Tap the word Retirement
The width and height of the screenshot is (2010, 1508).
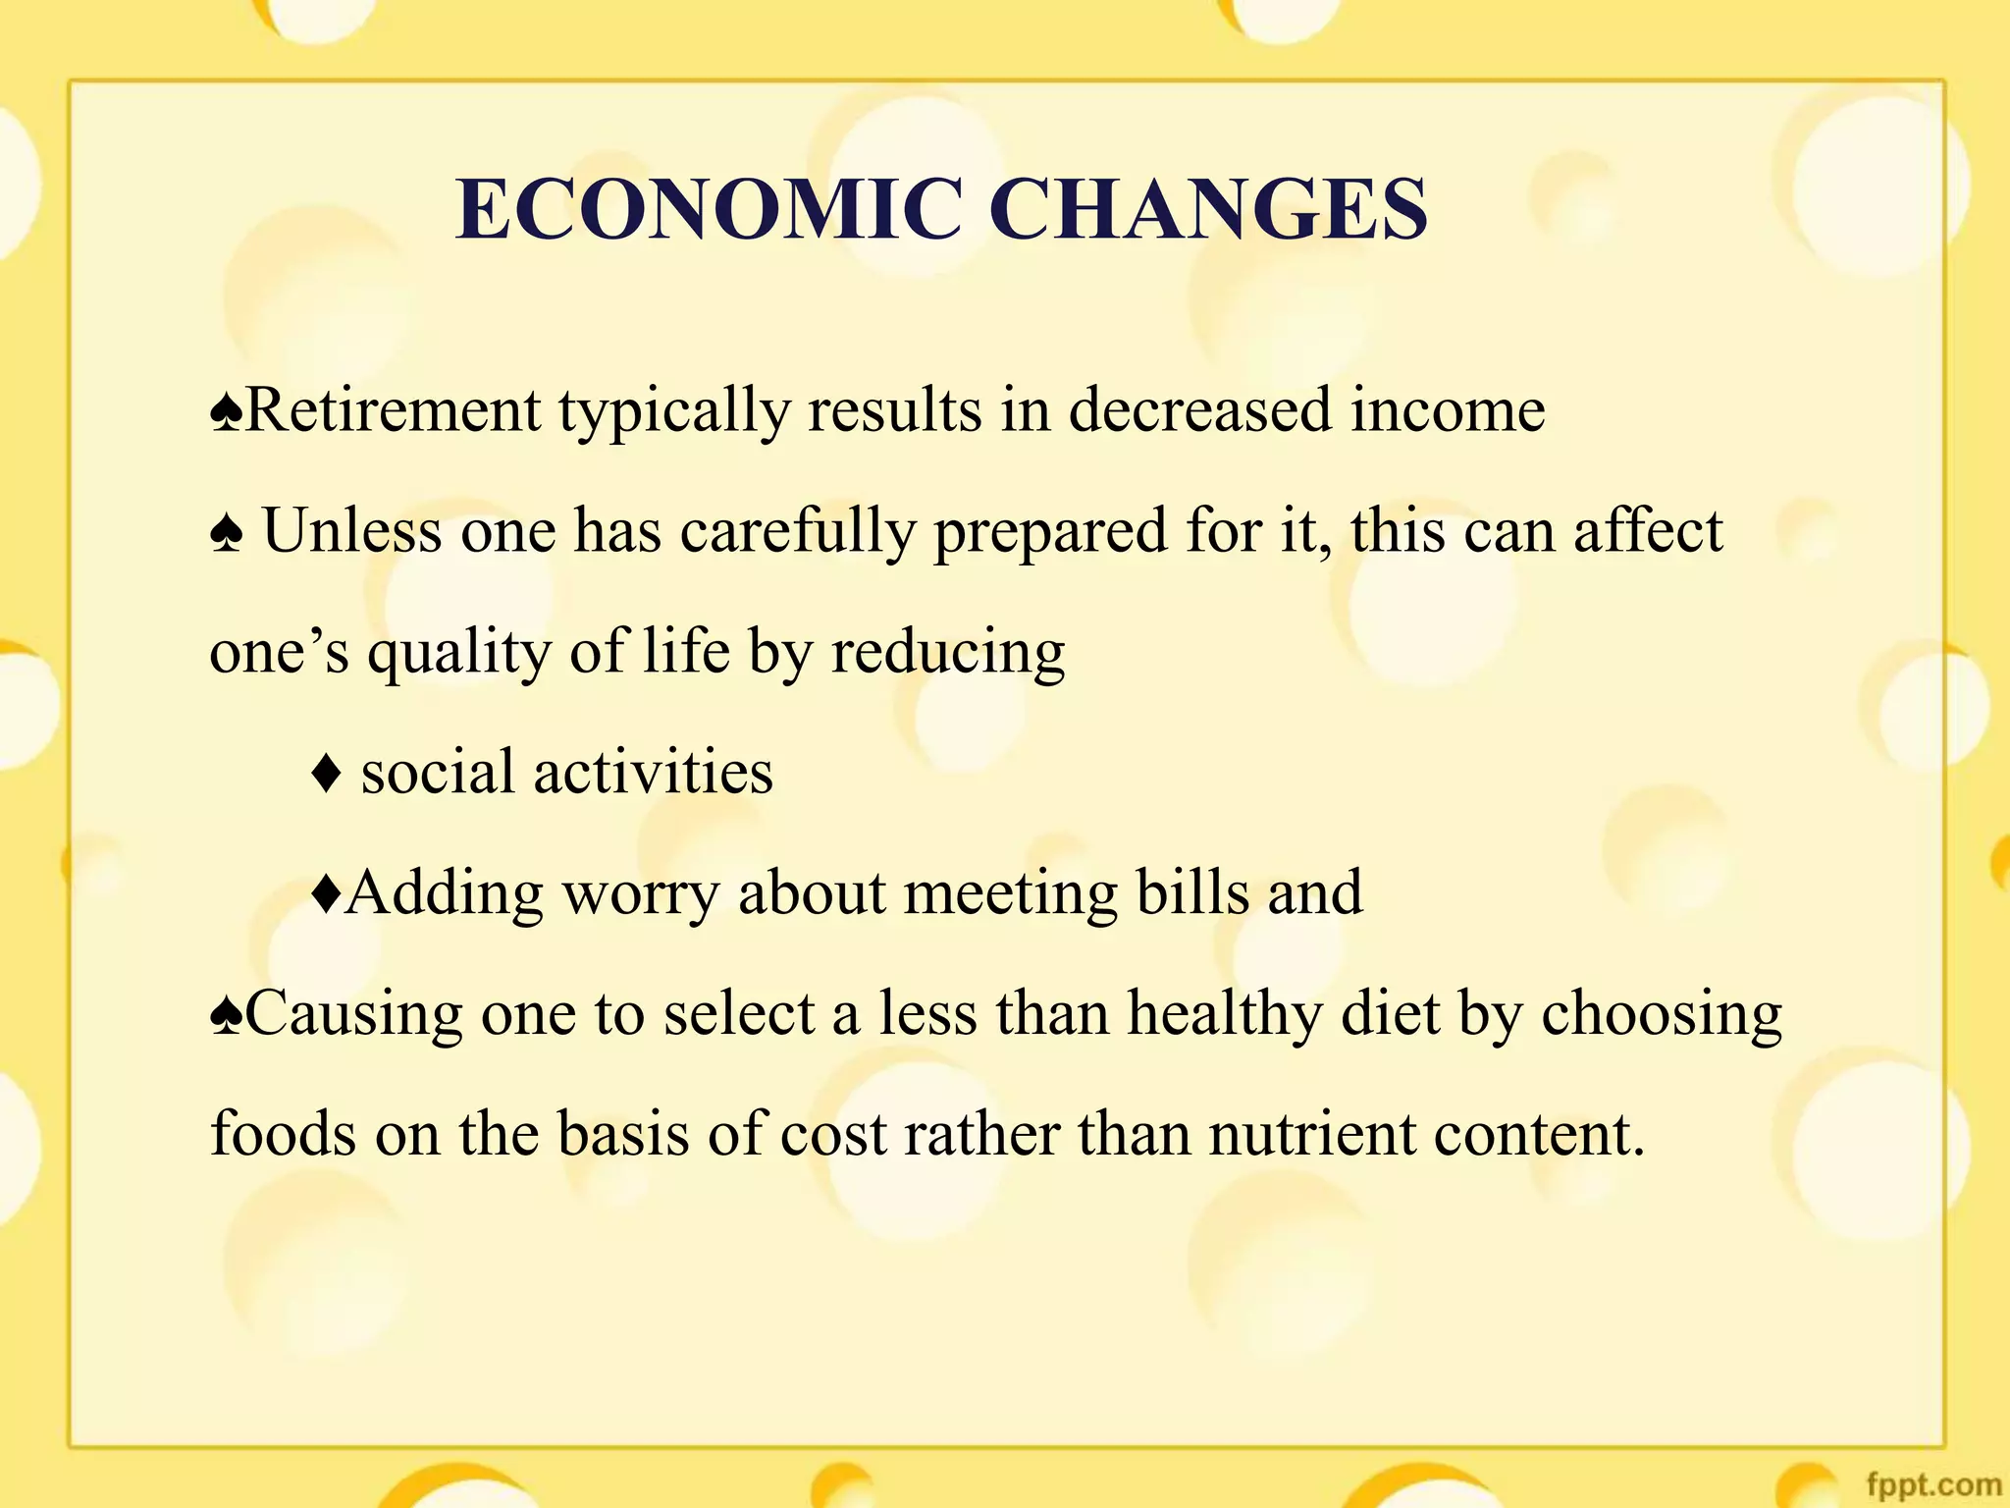(393, 409)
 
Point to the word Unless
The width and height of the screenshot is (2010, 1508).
(352, 530)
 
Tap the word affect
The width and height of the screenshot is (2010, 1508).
(1648, 530)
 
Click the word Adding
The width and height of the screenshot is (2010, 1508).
(445, 894)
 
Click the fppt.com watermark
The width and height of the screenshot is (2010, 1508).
(1932, 1483)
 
